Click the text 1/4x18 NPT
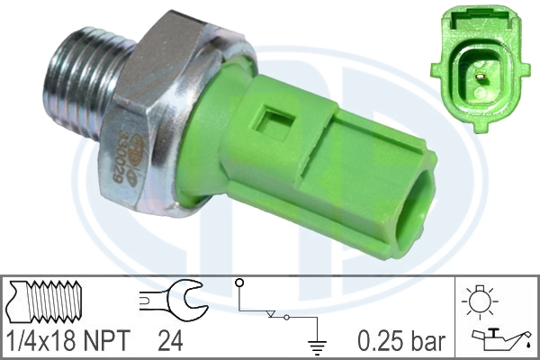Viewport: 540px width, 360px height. [67, 341]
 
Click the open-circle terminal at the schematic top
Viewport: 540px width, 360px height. [240, 283]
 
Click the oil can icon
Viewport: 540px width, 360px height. [499, 339]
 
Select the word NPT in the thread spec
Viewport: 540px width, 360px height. [105, 341]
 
